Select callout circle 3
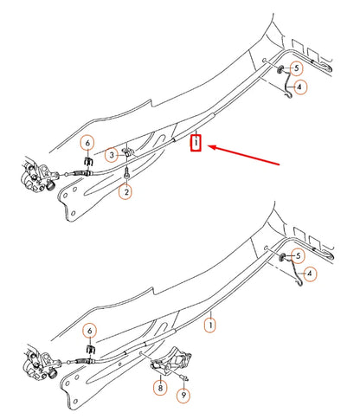coord(111,155)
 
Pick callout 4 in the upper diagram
coord(299,87)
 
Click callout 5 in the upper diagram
coord(297,67)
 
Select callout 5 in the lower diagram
coord(299,256)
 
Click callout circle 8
coord(159,390)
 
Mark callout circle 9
coord(183,396)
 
